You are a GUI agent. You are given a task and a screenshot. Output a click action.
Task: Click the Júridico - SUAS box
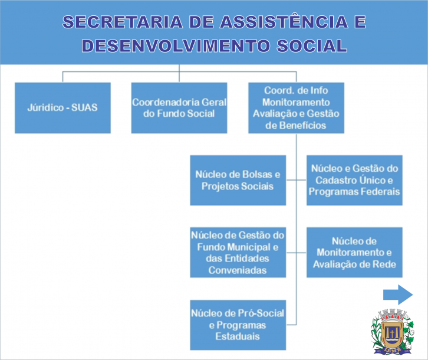tap(62, 108)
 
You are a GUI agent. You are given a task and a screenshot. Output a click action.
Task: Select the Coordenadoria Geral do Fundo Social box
tap(179, 108)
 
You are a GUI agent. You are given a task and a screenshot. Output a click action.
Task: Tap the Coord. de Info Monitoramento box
tap(296, 108)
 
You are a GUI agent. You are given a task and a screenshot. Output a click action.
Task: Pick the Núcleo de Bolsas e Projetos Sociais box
tap(238, 181)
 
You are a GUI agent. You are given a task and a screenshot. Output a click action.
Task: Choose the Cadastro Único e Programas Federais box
tap(354, 181)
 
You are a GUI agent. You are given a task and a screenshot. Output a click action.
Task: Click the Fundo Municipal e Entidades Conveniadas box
tap(238, 253)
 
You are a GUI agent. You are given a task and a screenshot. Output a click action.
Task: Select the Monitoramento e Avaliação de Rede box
tap(354, 253)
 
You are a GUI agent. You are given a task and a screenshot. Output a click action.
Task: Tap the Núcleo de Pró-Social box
tap(238, 325)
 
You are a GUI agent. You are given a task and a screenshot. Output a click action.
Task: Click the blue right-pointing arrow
tap(398, 294)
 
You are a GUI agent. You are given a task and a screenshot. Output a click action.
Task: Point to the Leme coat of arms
tap(392, 332)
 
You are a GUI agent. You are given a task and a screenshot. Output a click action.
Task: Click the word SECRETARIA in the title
tap(123, 22)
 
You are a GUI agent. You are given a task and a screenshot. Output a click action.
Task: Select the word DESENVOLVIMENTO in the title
tap(176, 45)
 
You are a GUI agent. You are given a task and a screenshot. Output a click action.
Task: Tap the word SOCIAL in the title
tap(312, 45)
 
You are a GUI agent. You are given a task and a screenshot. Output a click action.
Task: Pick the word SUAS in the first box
tap(84, 107)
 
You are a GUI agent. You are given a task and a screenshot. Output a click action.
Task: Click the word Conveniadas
tap(238, 270)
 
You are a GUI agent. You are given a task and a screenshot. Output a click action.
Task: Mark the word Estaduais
tap(238, 336)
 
